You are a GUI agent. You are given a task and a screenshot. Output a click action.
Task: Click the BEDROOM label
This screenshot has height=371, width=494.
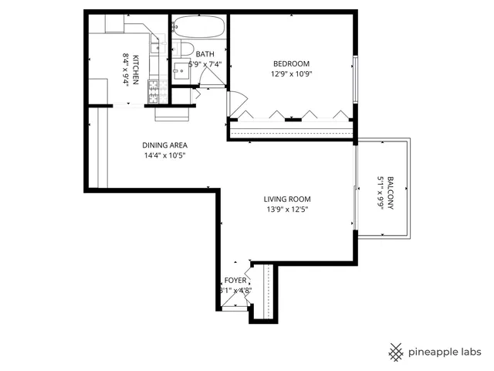tap(291, 63)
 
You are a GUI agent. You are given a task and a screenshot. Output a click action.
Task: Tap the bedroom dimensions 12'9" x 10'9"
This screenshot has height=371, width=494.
tap(291, 76)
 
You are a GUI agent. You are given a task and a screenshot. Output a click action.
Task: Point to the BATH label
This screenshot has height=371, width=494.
tap(205, 54)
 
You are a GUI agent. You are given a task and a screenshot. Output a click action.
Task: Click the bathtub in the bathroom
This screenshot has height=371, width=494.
tap(198, 29)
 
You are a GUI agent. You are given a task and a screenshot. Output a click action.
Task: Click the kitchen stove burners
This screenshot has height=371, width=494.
tap(153, 90)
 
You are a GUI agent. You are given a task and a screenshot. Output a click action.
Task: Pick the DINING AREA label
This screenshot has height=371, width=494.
tap(164, 145)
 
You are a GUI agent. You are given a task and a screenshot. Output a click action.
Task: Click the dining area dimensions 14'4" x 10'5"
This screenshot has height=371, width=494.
tap(164, 155)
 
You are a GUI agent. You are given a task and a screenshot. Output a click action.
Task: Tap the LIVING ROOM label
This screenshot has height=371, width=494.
tap(288, 199)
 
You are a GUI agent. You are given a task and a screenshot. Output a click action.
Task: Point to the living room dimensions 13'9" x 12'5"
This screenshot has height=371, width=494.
tap(288, 209)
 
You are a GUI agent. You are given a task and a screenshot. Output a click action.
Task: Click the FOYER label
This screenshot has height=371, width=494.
tap(235, 281)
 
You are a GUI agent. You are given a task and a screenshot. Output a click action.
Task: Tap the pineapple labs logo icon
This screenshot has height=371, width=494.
tap(396, 351)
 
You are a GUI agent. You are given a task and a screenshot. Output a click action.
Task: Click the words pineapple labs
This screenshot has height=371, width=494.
tap(445, 352)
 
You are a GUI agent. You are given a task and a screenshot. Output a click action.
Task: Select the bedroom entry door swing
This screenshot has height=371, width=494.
tap(237, 101)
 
